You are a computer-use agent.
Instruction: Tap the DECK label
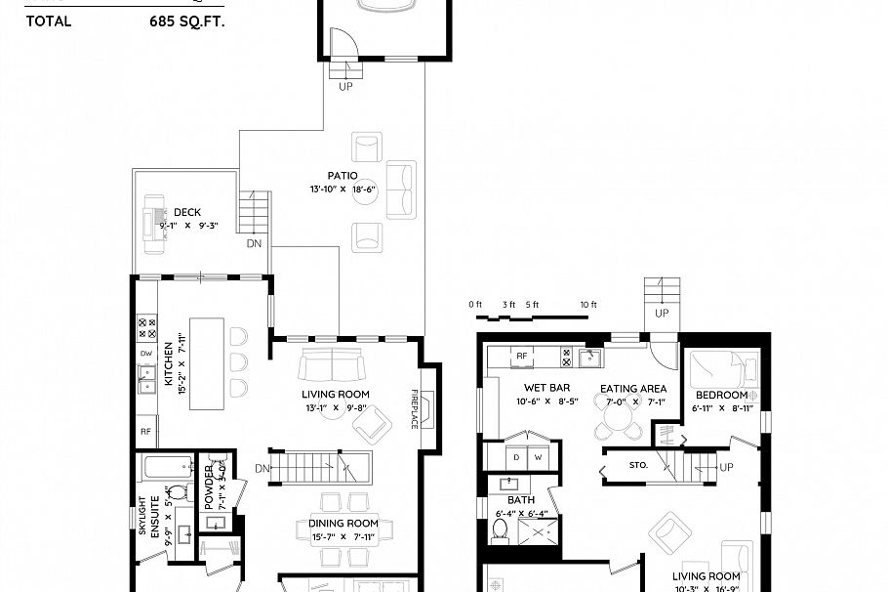click(187, 212)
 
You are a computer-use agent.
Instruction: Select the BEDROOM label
click(721, 395)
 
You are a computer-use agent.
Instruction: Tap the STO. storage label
click(639, 465)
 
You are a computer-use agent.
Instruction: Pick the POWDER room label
click(209, 486)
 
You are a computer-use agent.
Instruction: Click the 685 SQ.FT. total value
click(187, 20)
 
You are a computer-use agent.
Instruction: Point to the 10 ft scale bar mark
click(587, 305)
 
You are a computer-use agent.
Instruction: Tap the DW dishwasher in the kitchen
click(146, 354)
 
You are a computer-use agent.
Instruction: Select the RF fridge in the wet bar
click(521, 357)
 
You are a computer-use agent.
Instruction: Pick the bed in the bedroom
click(723, 371)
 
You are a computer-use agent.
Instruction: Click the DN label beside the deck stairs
click(254, 243)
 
